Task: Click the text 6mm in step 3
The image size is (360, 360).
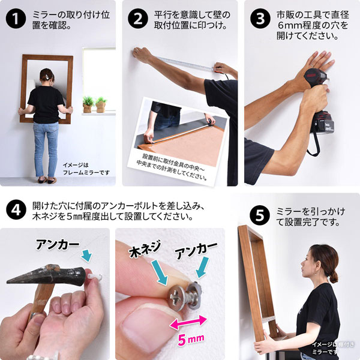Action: (x=291, y=25)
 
